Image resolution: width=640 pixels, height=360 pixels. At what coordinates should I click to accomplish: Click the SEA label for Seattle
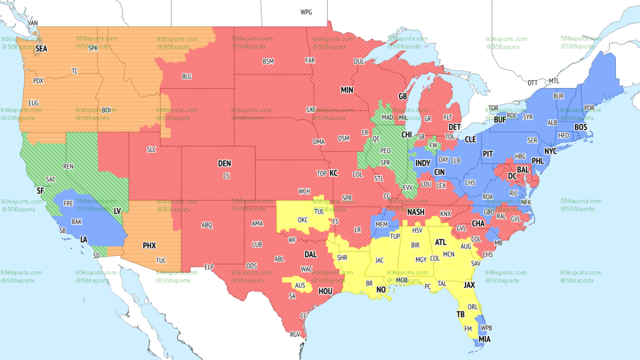41,49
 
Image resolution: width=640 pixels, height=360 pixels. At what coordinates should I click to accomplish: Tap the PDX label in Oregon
38,81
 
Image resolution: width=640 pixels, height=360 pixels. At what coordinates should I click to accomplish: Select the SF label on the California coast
40,190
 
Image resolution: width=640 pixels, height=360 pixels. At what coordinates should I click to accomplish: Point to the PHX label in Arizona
149,246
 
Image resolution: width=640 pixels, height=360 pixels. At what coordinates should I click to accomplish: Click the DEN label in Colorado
225,164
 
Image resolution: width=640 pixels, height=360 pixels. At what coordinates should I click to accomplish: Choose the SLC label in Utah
151,150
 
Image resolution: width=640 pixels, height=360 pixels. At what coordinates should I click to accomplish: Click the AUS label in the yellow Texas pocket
300,285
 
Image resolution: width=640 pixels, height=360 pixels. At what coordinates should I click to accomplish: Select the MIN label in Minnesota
347,91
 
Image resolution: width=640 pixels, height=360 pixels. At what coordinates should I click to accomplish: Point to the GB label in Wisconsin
403,97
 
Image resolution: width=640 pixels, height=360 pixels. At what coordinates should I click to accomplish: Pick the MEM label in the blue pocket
381,225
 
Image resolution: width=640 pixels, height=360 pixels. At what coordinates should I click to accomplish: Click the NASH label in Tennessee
416,212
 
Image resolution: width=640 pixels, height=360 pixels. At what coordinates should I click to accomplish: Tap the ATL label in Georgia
441,242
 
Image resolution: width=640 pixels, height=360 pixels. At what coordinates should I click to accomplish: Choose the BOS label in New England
580,127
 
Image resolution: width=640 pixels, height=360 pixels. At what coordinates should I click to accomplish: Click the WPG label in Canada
306,12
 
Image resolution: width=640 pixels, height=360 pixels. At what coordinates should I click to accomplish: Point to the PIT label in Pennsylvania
487,154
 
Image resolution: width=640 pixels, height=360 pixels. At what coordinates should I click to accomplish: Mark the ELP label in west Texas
209,266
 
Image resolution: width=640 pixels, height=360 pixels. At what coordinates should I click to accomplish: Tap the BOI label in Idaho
107,109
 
